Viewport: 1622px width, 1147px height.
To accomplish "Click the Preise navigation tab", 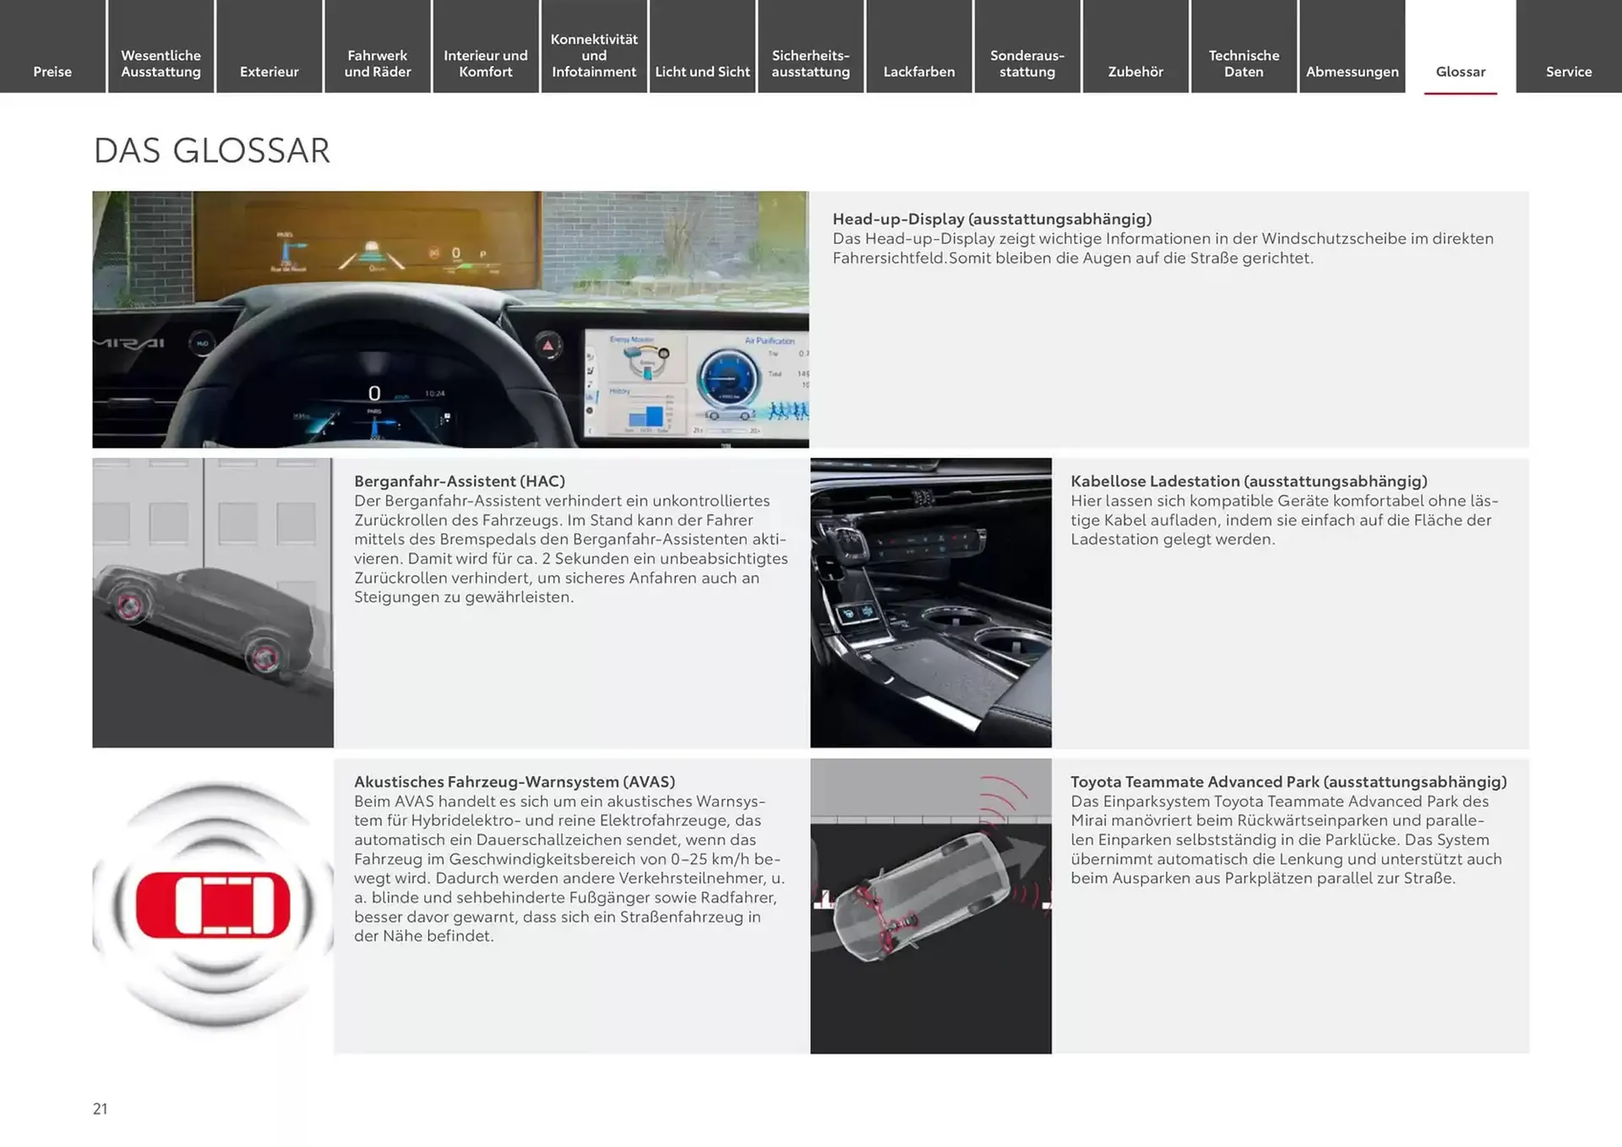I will pos(52,72).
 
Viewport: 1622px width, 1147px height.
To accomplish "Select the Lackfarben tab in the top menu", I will pos(918,72).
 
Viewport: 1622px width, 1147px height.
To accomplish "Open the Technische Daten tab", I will pos(1244,63).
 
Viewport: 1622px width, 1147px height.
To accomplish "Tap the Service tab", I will pos(1568,72).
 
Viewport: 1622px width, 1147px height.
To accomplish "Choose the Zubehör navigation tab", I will pos(1135,72).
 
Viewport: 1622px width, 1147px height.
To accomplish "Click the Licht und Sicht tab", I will pos(702,72).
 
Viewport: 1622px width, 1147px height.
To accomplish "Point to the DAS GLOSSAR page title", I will pos(211,151).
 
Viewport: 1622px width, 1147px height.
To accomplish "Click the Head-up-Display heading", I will pos(992,219).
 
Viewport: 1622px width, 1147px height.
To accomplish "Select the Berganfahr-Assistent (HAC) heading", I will pos(460,481).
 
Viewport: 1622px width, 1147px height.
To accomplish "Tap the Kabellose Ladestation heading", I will pos(1249,481).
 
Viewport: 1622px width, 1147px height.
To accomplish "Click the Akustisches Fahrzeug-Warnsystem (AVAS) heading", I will pos(514,781).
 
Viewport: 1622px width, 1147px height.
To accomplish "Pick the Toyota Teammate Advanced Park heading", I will pos(1288,781).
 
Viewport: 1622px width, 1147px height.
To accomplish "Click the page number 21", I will pos(100,1109).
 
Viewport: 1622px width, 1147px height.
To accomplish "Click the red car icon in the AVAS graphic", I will pos(213,905).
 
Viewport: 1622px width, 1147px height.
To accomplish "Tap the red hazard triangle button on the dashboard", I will pos(547,345).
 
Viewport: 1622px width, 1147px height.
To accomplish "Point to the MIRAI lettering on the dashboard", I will pos(128,343).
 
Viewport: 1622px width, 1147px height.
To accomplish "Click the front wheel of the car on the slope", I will pos(128,605).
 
